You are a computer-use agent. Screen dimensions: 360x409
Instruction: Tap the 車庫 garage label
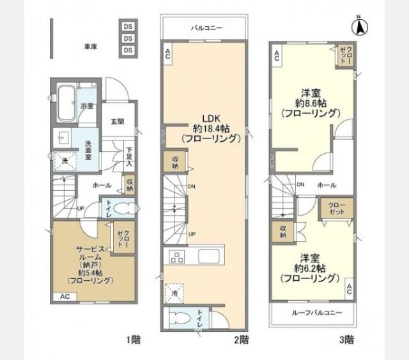click(x=90, y=47)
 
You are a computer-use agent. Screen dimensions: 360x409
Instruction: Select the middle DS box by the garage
click(x=128, y=38)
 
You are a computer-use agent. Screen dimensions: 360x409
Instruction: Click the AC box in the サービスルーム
click(x=65, y=297)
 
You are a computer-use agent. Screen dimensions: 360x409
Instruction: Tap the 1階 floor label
click(x=134, y=340)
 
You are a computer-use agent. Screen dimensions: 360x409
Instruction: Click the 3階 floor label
click(x=347, y=340)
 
